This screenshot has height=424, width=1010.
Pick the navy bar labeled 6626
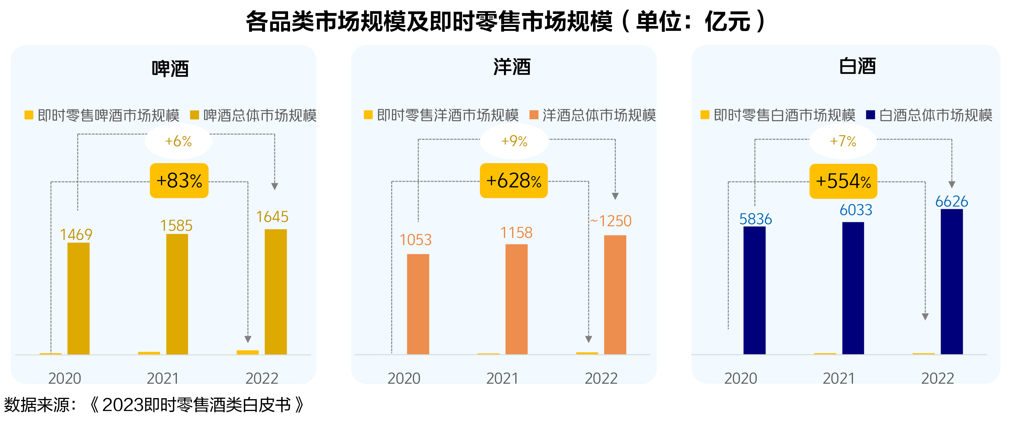951,281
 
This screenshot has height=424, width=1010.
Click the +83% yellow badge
179,181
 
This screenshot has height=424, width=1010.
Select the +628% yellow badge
514,181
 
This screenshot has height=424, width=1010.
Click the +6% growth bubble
178,141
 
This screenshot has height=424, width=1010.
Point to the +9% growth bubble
514,141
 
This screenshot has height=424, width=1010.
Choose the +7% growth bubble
843,141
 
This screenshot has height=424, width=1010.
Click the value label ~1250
611,221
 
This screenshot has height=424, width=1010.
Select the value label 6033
856,210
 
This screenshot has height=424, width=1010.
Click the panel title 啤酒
170,69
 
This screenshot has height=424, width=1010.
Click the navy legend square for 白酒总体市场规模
870,115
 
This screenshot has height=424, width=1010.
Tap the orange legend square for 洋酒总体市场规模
534,115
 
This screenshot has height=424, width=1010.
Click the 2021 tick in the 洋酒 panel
502,379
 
